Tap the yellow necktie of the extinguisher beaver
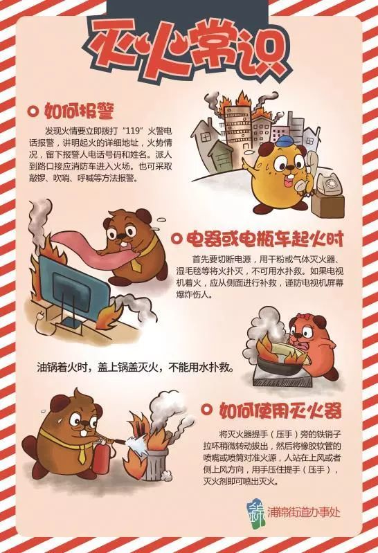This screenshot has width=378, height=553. [x=82, y=453]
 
